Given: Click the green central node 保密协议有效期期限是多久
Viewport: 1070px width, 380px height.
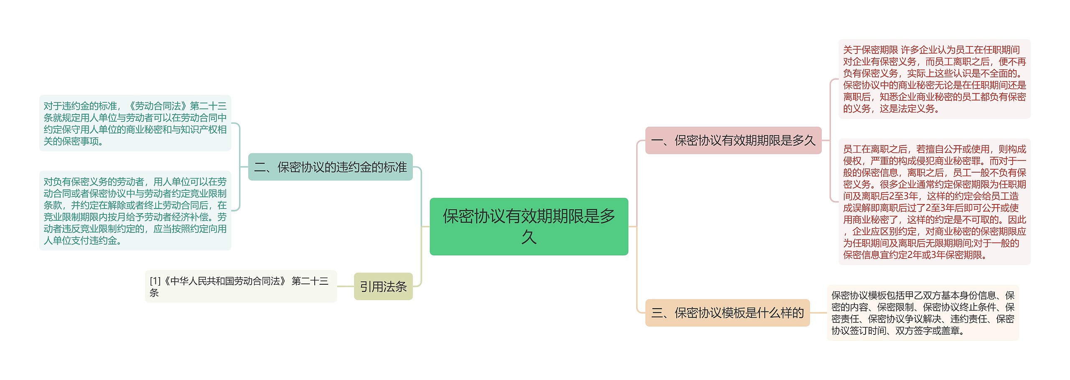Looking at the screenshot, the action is [529, 226].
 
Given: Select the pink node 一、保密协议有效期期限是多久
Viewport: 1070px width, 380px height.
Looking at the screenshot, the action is [733, 140].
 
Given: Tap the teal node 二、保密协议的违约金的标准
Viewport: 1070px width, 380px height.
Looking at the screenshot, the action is [330, 167].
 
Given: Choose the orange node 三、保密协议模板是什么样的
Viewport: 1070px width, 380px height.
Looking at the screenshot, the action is [727, 313].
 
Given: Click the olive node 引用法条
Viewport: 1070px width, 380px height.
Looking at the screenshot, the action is [383, 286].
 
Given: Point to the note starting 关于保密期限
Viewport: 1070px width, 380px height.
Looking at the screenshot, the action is [934, 79].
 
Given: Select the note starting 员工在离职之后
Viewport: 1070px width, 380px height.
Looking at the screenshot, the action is [934, 201].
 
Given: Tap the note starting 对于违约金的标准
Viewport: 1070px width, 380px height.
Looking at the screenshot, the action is [135, 123].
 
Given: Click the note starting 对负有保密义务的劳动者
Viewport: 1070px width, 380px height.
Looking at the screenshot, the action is [135, 211].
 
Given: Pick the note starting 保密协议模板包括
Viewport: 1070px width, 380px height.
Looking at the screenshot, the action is [922, 313].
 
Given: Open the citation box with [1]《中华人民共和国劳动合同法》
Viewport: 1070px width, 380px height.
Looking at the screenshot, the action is [241, 286].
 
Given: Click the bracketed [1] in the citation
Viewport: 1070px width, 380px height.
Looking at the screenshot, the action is [155, 281].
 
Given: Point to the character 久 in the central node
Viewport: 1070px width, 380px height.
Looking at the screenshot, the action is [529, 237].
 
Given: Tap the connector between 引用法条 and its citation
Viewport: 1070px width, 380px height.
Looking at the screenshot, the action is [345, 286].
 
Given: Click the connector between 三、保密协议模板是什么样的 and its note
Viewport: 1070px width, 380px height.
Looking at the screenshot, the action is [818, 313].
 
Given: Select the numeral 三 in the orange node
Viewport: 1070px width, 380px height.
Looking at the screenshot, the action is [657, 313].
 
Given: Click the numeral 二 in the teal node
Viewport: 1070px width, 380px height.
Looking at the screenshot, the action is [260, 167].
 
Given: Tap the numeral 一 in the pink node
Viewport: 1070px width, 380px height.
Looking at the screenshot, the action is [657, 141].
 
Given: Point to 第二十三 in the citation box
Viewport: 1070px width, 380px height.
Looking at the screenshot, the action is [310, 281].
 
